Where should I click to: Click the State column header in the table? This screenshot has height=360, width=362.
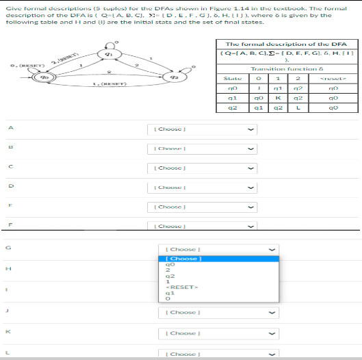click(x=232, y=97)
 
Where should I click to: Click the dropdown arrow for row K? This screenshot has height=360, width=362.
click(x=274, y=333)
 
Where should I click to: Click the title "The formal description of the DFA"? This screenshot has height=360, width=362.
click(x=287, y=44)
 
